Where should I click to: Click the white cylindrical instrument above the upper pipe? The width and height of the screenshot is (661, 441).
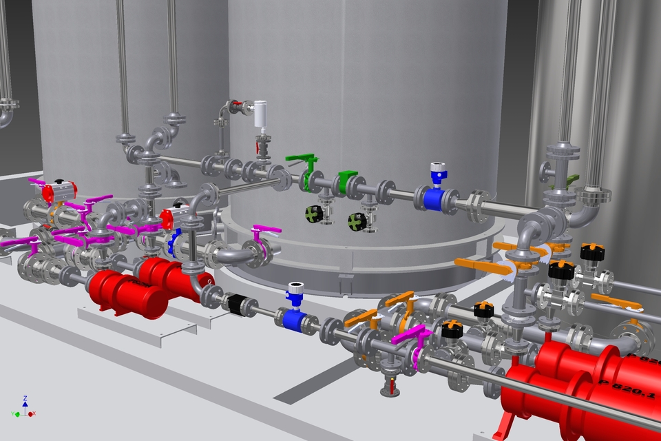tap(260, 114)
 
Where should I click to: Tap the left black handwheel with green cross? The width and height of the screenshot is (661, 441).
tap(315, 214)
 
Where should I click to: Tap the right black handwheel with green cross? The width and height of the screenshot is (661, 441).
tap(357, 221)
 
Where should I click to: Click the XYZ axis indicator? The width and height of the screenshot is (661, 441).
tap(25, 408)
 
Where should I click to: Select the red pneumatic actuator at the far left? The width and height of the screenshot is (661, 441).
tap(58, 192)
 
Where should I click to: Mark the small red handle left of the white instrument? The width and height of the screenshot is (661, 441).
tap(237, 107)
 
